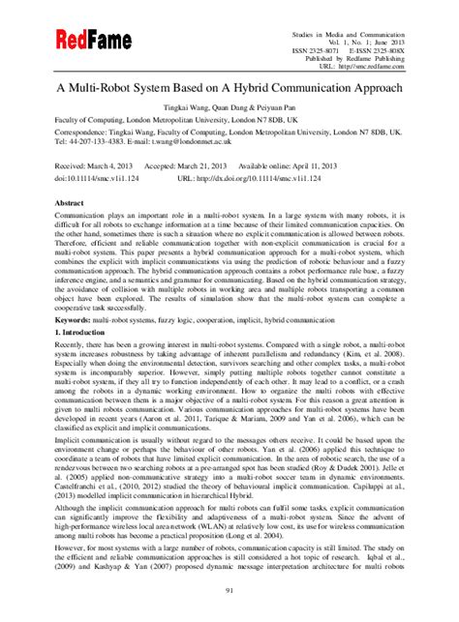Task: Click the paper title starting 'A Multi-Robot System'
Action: pos(229,86)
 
